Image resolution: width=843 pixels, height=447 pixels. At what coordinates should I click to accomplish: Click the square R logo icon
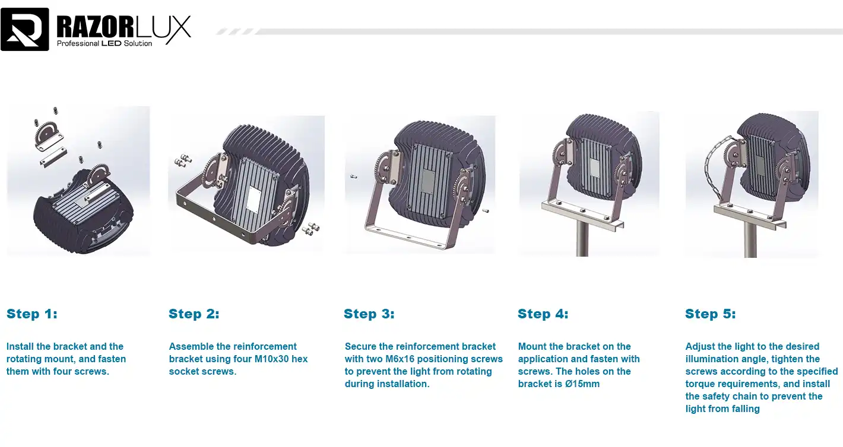25,29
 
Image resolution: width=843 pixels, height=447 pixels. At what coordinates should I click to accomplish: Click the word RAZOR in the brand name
95,27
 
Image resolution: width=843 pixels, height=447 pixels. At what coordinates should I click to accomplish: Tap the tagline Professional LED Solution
104,44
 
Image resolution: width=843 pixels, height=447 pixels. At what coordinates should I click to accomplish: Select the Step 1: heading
32,314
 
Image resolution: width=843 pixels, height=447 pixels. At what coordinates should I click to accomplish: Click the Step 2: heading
194,314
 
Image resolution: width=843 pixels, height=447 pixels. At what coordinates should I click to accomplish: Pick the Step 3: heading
369,314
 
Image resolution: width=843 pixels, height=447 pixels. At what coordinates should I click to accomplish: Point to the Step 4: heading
543,314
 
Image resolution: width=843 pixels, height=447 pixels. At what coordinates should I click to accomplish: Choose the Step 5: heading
711,314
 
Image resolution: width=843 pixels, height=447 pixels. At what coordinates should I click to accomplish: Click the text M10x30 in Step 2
271,359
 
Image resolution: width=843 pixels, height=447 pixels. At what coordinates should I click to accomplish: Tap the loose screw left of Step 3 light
354,176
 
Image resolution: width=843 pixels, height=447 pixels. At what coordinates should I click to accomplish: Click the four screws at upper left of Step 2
183,160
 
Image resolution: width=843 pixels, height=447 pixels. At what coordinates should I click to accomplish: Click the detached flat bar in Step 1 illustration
53,157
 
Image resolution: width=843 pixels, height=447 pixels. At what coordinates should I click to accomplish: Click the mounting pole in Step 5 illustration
750,240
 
